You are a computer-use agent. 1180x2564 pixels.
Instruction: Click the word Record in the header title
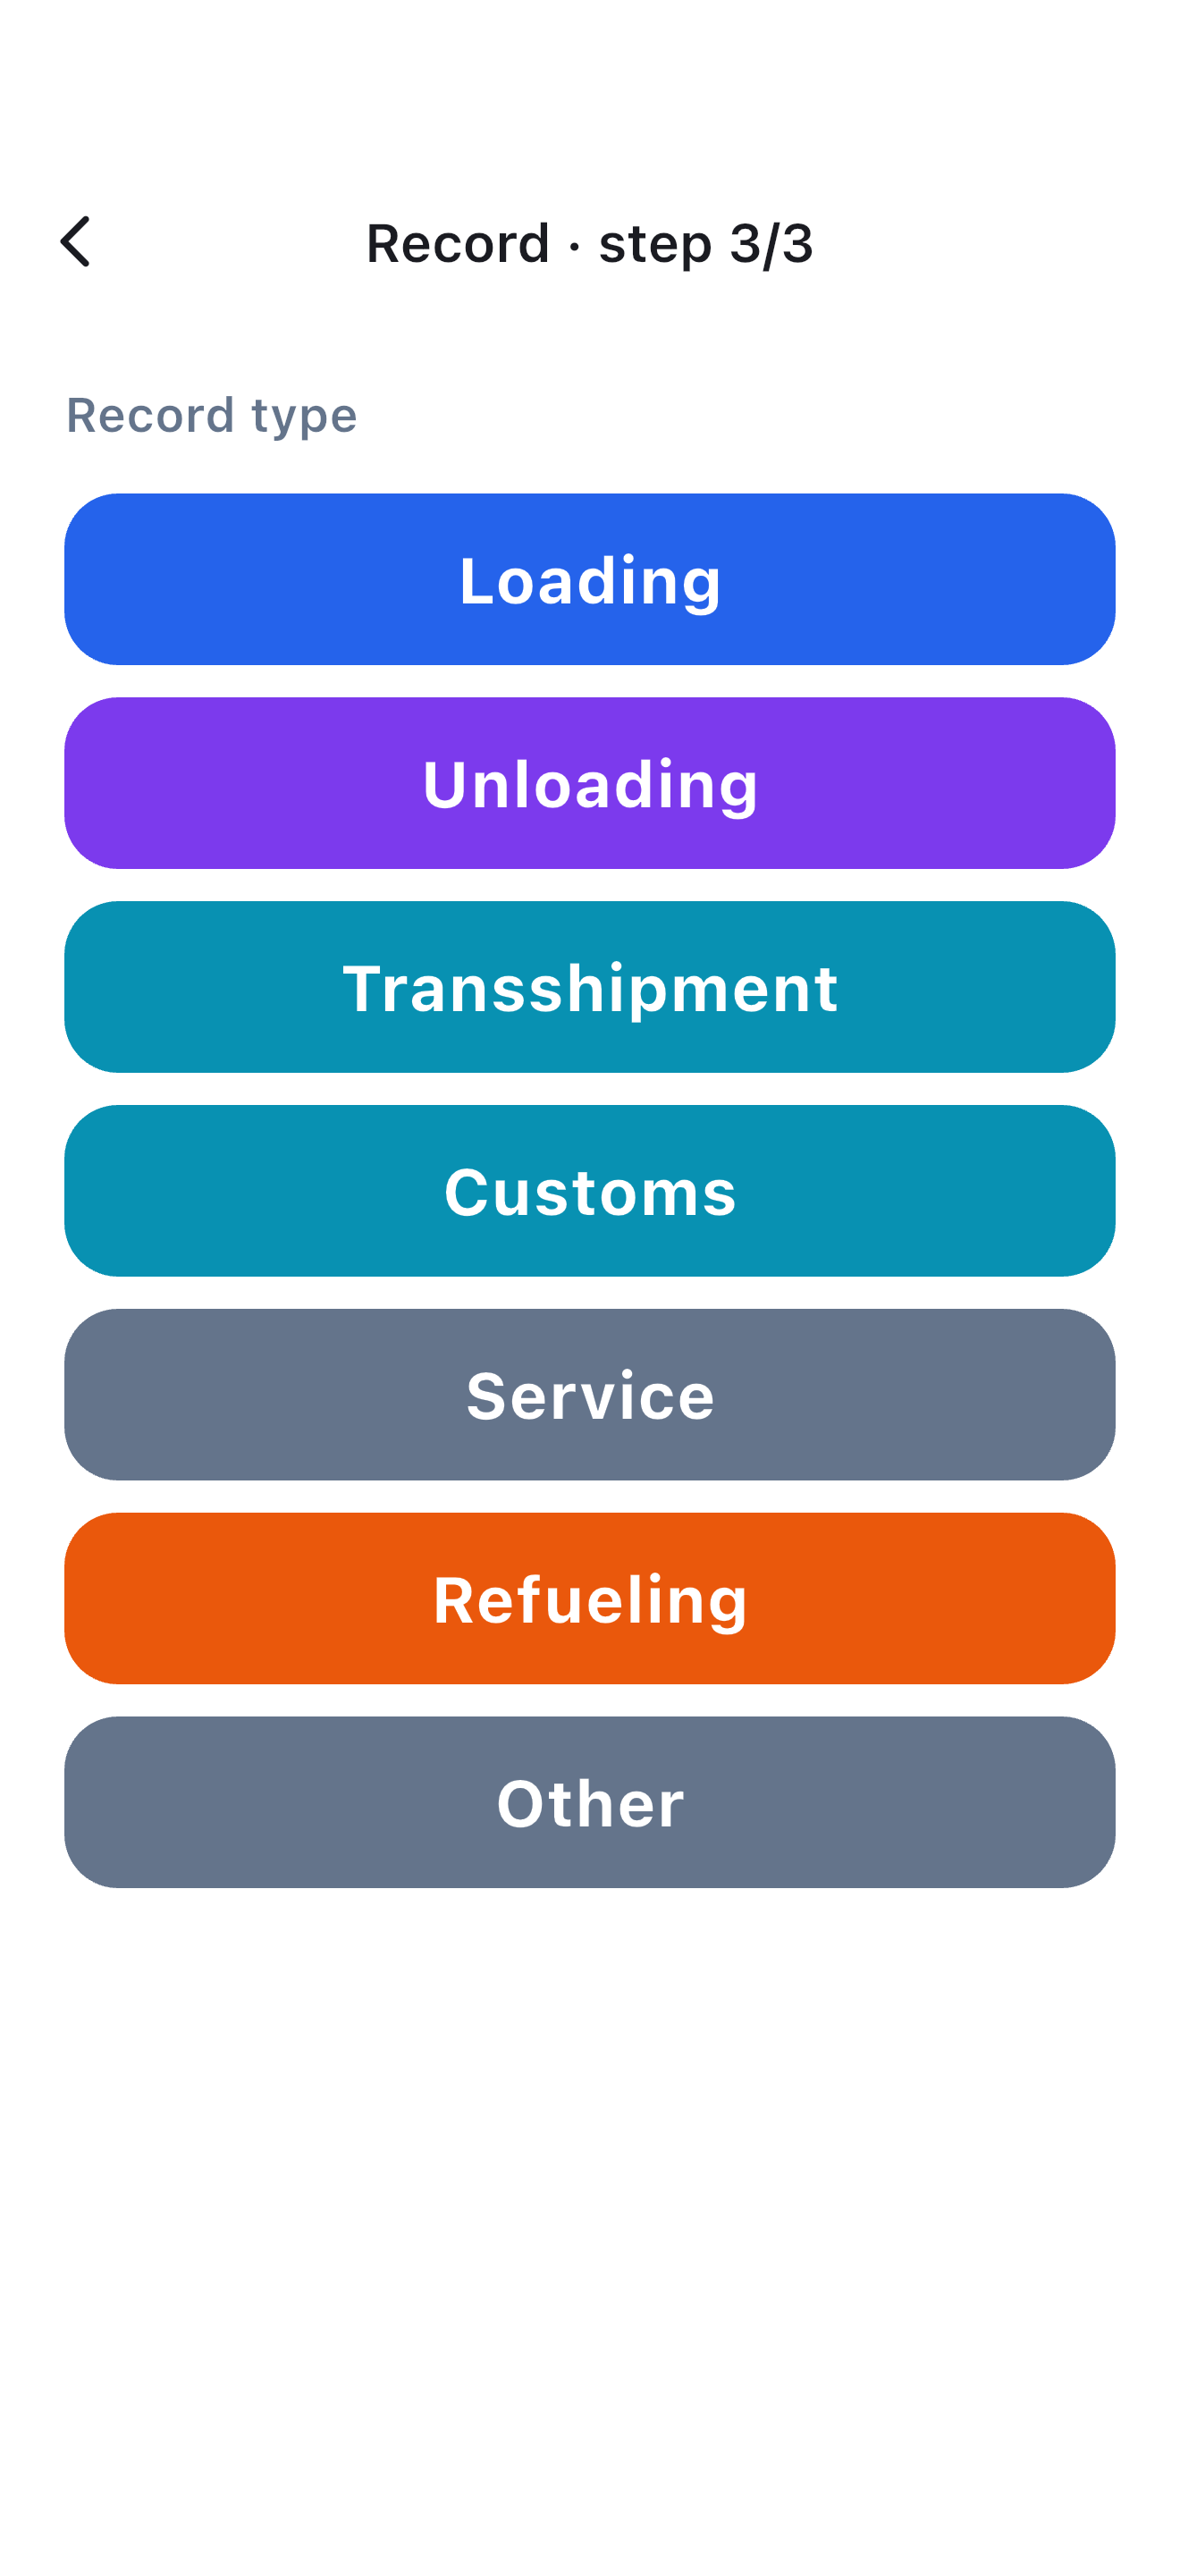458,243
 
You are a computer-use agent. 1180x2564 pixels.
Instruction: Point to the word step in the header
654,245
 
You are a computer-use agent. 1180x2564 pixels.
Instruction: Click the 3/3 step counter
771,243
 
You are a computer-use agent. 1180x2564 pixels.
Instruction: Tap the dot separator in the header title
574,245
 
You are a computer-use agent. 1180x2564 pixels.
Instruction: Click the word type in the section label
305,417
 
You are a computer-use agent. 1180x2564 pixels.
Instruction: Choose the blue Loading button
590,579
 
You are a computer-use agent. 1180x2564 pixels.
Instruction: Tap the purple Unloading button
590,783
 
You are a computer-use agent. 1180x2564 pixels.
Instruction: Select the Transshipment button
590,987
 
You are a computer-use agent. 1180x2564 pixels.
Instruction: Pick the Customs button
590,1191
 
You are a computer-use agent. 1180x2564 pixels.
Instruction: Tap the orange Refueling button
590,1598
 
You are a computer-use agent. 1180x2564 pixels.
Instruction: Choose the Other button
590,1802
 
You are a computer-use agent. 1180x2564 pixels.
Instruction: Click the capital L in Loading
477,579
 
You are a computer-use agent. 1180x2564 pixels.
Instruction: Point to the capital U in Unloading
446,783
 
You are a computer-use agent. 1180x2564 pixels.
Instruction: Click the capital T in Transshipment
364,987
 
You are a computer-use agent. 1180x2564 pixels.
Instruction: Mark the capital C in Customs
467,1192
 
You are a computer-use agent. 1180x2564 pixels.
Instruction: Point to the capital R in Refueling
456,1598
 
